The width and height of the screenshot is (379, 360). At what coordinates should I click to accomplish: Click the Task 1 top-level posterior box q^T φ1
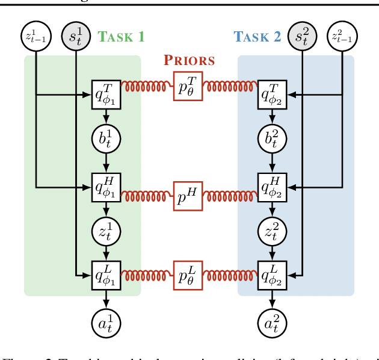[106, 94]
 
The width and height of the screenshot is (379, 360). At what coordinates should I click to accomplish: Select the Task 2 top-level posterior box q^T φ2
[273, 94]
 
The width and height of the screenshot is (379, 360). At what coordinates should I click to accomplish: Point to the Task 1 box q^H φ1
[106, 187]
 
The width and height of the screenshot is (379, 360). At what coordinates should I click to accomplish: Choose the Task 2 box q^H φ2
[273, 187]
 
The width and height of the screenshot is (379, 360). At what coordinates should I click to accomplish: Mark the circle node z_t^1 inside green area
[106, 232]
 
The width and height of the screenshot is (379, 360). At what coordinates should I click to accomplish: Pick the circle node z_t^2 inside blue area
[273, 232]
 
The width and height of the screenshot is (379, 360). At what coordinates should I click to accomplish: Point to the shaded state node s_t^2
[303, 37]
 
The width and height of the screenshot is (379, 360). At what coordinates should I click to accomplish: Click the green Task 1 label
[122, 37]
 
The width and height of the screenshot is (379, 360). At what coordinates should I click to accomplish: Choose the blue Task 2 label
[258, 37]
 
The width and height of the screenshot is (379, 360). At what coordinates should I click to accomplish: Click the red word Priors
[189, 60]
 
